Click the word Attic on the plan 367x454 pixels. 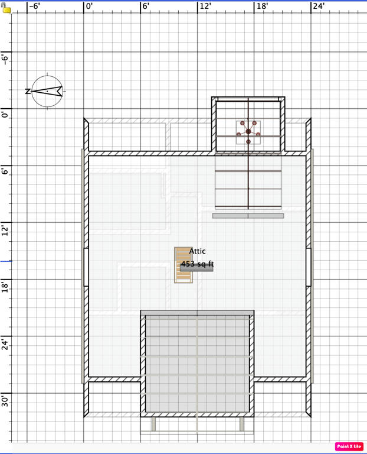coord(198,251)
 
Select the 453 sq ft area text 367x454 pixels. coord(198,264)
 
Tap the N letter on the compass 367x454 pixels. coord(28,91)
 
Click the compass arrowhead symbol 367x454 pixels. coord(47,91)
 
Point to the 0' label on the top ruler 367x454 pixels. coord(90,6)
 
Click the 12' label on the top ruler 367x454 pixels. coord(205,6)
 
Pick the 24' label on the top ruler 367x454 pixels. coord(319,6)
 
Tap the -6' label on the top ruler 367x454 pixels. coord(35,6)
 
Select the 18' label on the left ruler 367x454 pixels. coord(5,286)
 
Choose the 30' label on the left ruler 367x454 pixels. coord(5,400)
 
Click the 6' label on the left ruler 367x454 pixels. coord(5,171)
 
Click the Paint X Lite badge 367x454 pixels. coord(349,446)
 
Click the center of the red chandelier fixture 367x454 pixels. coord(248,132)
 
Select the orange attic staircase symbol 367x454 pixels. coord(183,265)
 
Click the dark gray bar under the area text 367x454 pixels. coord(196,268)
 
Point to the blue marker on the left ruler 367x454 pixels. coord(6,261)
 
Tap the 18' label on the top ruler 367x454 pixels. coord(262,6)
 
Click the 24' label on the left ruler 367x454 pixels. coord(5,343)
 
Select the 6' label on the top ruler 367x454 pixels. coord(146,6)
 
